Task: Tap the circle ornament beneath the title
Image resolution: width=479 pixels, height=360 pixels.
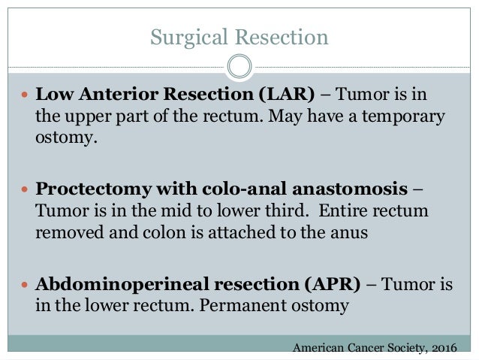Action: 239,67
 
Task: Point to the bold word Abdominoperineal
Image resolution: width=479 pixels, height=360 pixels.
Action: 104,286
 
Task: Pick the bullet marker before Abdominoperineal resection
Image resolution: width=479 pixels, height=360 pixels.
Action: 24,286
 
